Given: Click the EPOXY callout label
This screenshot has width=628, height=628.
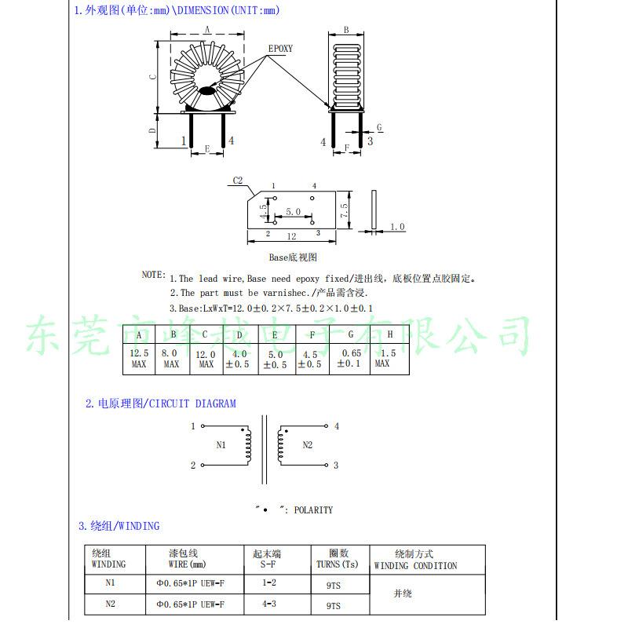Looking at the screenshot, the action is coord(280,49).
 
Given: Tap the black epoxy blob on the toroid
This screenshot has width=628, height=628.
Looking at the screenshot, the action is coord(206,91).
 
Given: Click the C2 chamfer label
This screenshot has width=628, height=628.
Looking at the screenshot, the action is coord(238,181).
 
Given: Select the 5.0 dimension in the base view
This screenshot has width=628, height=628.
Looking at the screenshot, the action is coord(293,211).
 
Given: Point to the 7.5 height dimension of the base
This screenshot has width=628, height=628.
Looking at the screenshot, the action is coord(344,210).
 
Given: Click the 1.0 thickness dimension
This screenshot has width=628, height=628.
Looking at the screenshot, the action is coord(397,227).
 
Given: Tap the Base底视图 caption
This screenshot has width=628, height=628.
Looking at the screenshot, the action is coord(293,257).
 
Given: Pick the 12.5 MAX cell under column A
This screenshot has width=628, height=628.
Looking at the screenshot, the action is coord(139,359).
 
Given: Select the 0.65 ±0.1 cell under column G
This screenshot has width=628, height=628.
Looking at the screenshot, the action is coord(349,358).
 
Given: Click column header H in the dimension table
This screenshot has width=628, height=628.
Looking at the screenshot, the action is coord(389,334).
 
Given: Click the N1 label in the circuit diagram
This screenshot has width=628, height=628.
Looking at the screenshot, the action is coord(221,444).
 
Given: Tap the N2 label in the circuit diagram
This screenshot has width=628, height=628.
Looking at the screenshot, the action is coord(307,444).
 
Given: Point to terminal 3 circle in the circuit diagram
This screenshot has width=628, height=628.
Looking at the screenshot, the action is coord(326,465).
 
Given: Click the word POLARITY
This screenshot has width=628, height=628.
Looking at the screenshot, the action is coord(313,509).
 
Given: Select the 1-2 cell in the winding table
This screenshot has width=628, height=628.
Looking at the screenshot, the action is coord(269,582).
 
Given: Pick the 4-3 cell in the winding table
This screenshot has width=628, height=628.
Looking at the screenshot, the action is coord(269,604).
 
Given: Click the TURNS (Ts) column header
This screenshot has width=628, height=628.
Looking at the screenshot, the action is coord(338,564).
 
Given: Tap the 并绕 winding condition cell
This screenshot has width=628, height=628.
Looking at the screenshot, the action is coord(403,593).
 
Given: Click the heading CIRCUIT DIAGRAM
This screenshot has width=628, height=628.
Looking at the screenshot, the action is coord(192,403).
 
